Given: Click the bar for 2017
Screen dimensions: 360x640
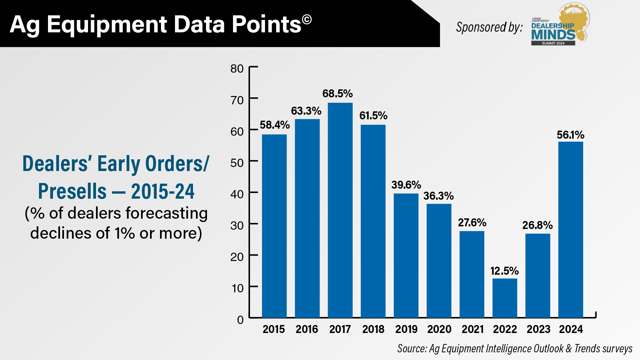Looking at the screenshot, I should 340,210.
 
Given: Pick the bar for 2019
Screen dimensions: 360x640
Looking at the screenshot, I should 406,255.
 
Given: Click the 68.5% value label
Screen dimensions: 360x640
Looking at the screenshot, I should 337,94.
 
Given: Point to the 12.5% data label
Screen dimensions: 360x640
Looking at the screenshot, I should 504,271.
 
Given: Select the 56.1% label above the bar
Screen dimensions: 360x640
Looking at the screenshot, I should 570,135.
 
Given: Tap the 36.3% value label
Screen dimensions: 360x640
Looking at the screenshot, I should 438,196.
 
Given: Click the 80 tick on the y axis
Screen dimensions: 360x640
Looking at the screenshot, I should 237,69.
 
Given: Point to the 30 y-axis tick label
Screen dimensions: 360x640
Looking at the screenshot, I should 237,226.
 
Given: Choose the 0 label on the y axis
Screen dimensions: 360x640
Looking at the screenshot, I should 240,320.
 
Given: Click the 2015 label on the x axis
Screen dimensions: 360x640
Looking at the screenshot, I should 274,329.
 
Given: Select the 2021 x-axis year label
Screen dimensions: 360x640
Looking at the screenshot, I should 472,329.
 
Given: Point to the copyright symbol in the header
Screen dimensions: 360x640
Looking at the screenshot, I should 307,19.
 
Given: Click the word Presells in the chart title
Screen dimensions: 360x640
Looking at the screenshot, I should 72,191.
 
